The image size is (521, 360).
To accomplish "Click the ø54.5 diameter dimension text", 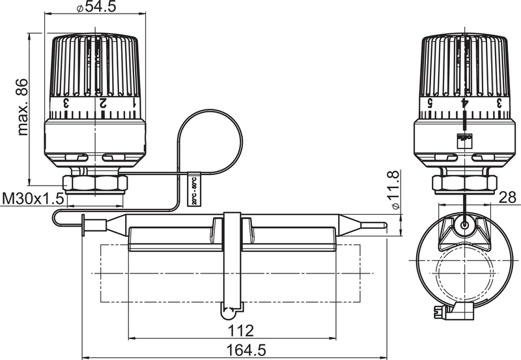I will tap(96, 8).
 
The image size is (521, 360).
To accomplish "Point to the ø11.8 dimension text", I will tap(391, 190).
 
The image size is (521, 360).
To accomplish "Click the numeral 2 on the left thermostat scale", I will tap(102, 104).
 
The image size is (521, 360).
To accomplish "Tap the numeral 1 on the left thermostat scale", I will tap(135, 104).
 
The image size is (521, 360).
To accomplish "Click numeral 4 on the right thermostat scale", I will tap(464, 103).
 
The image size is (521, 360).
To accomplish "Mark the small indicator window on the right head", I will tap(464, 139).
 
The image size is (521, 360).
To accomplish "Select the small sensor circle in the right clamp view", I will tap(464, 224).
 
